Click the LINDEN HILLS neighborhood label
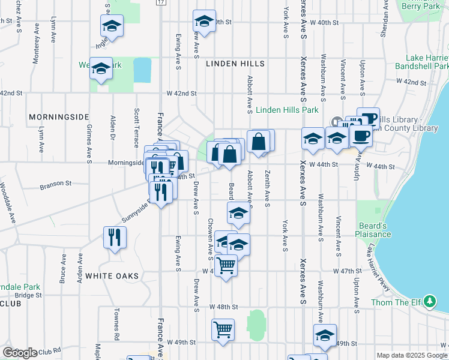pos(235,63)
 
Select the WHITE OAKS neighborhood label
pos(112,276)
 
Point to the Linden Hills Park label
pos(287,110)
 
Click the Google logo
pos(20,353)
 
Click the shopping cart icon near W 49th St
pos(222,329)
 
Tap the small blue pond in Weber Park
pos(142,70)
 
